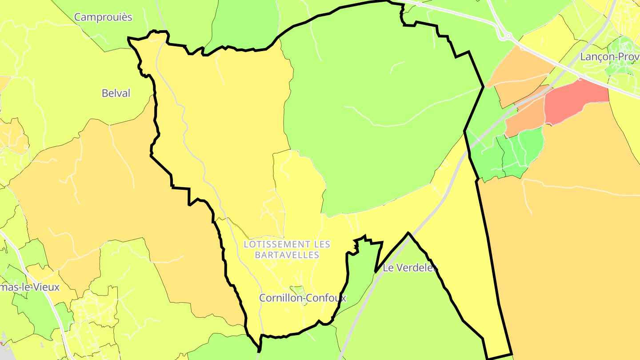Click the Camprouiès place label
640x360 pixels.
(x=103, y=17)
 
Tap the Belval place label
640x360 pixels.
(x=116, y=93)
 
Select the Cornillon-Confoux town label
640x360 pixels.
(x=303, y=298)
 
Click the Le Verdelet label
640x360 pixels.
(x=409, y=268)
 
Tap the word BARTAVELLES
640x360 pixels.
(x=287, y=255)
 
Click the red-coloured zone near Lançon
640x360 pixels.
(x=576, y=100)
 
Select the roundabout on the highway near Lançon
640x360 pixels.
(x=506, y=36)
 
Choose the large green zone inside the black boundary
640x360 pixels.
(x=378, y=111)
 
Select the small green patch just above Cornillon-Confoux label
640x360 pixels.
(x=297, y=290)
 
